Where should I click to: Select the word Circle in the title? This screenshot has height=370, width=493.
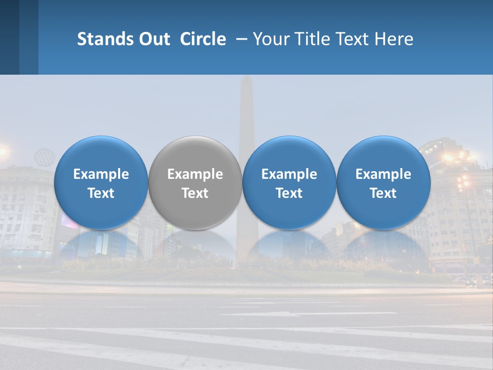click(x=203, y=39)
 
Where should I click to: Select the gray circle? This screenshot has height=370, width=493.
click(x=195, y=183)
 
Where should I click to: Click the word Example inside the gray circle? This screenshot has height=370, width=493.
click(x=195, y=174)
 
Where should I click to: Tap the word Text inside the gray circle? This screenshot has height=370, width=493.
click(x=195, y=193)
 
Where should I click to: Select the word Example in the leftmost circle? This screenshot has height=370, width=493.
click(x=101, y=174)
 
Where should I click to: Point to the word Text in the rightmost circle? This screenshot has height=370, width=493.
click(x=383, y=193)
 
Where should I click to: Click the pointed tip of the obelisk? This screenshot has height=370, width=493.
click(x=246, y=78)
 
